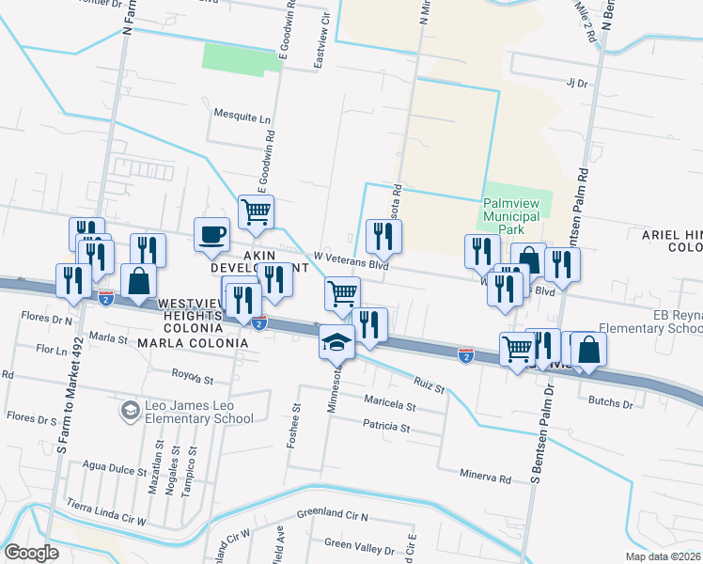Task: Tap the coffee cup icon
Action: [x=211, y=233]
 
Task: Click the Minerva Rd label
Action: [x=485, y=478]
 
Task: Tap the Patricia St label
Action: [x=387, y=428]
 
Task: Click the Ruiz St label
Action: [x=428, y=384]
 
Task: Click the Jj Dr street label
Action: [x=576, y=82]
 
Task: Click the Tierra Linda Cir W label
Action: [x=107, y=517]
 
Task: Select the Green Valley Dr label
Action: [x=359, y=545]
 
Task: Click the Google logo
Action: [x=32, y=552]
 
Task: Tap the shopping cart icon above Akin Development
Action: [x=256, y=211]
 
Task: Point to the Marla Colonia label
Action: [x=193, y=343]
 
